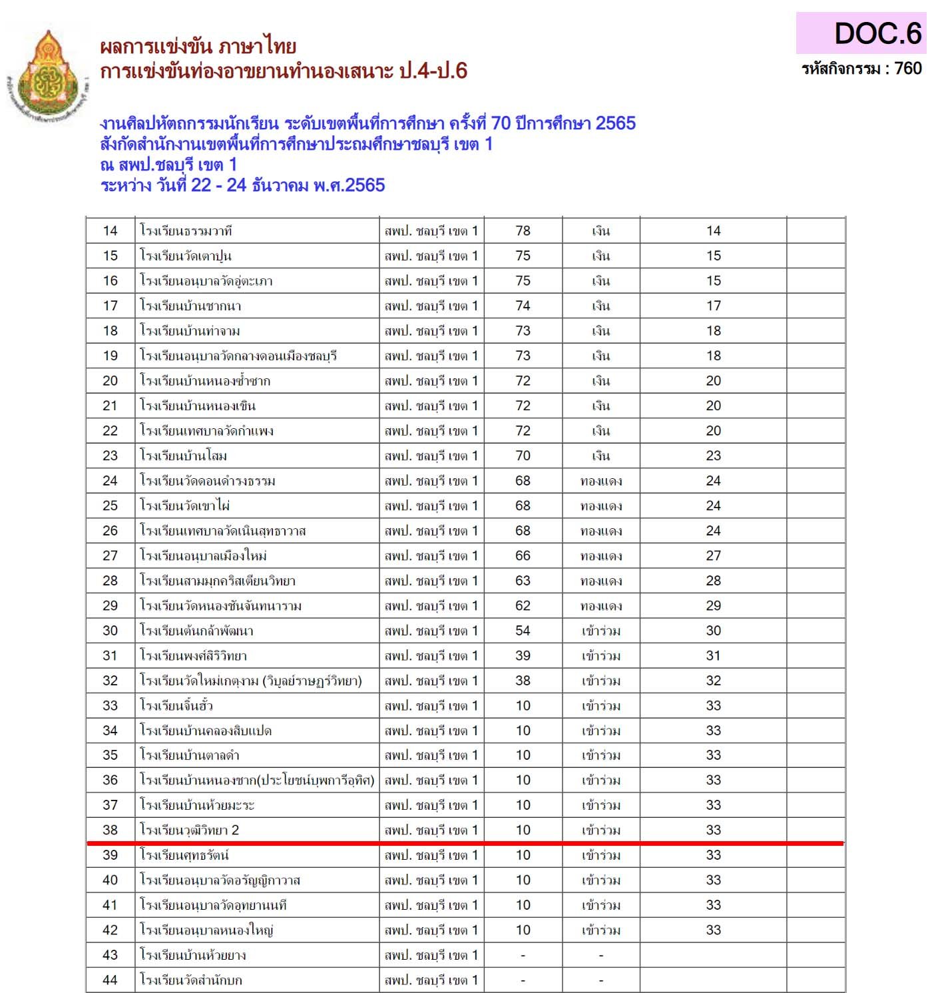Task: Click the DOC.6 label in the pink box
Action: tap(877, 33)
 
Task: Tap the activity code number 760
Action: tap(908, 69)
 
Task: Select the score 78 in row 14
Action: tap(523, 231)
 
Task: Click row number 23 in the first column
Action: tap(110, 456)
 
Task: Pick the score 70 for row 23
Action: tap(523, 456)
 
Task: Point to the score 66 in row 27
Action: tap(523, 556)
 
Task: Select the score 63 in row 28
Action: tap(523, 581)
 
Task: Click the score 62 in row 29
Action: tap(523, 606)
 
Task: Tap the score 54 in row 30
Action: tap(523, 631)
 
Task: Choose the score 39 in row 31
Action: tap(523, 656)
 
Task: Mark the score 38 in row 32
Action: tap(523, 681)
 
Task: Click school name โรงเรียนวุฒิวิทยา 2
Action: tap(189, 830)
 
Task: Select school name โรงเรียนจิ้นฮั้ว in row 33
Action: tap(176, 706)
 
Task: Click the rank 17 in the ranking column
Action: tap(713, 306)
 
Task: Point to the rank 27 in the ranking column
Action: tap(713, 556)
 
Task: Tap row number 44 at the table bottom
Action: tap(110, 980)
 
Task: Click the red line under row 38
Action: tap(466, 843)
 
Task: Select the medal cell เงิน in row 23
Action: tap(600, 456)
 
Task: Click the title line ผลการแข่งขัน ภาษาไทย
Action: tap(198, 47)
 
